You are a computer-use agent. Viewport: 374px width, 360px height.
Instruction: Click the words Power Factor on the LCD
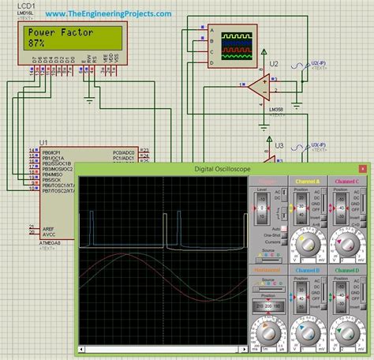[58, 34]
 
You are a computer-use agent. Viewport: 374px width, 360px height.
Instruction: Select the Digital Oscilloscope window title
[221, 169]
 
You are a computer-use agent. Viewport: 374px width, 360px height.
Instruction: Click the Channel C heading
[347, 182]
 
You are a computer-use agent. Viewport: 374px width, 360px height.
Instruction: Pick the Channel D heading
[347, 270]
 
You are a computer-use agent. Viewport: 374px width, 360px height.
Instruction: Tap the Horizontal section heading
[268, 270]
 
